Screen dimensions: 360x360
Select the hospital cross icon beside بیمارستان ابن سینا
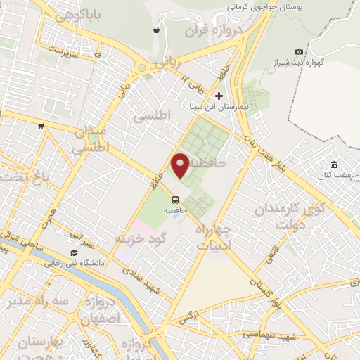click(x=219, y=96)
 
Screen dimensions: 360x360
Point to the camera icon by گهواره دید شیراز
click(x=300, y=51)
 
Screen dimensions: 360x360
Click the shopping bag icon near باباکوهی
click(x=156, y=30)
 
